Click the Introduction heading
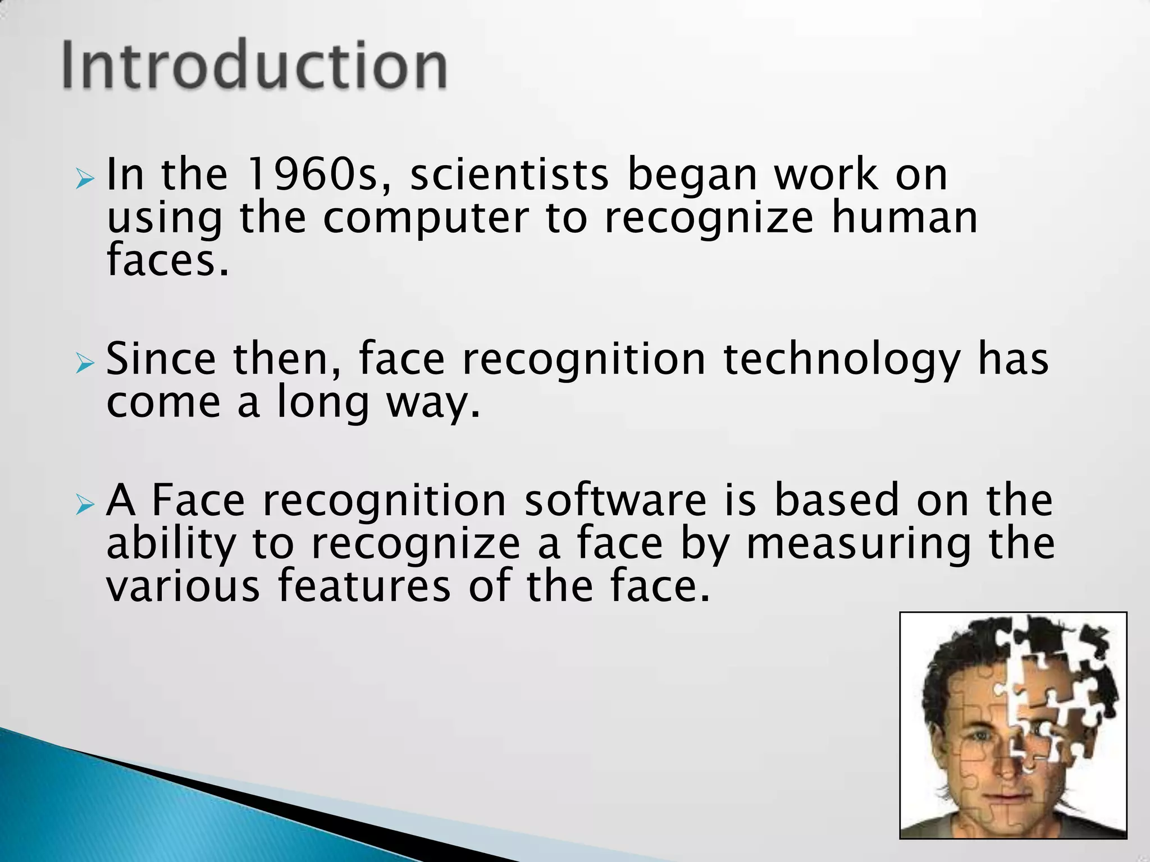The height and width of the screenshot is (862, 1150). point(255,66)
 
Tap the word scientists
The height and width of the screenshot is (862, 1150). point(509,175)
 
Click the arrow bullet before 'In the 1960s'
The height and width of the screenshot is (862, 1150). point(85,180)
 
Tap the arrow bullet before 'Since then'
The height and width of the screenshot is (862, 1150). point(85,365)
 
